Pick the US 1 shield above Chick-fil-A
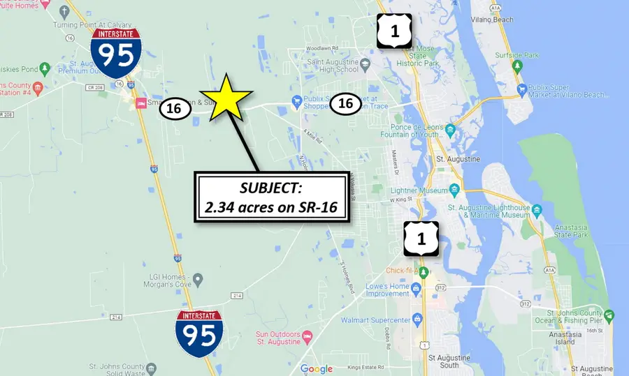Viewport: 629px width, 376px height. click(x=421, y=239)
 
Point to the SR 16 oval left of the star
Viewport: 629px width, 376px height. click(x=174, y=108)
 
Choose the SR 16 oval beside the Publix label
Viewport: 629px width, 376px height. click(x=345, y=103)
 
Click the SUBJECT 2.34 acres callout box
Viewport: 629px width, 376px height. click(x=273, y=198)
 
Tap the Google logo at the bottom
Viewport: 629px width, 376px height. click(x=316, y=369)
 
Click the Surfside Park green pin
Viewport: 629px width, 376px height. click(x=518, y=66)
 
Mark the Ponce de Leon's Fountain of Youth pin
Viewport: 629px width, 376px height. click(x=450, y=130)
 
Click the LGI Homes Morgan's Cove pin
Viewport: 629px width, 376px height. click(x=198, y=280)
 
